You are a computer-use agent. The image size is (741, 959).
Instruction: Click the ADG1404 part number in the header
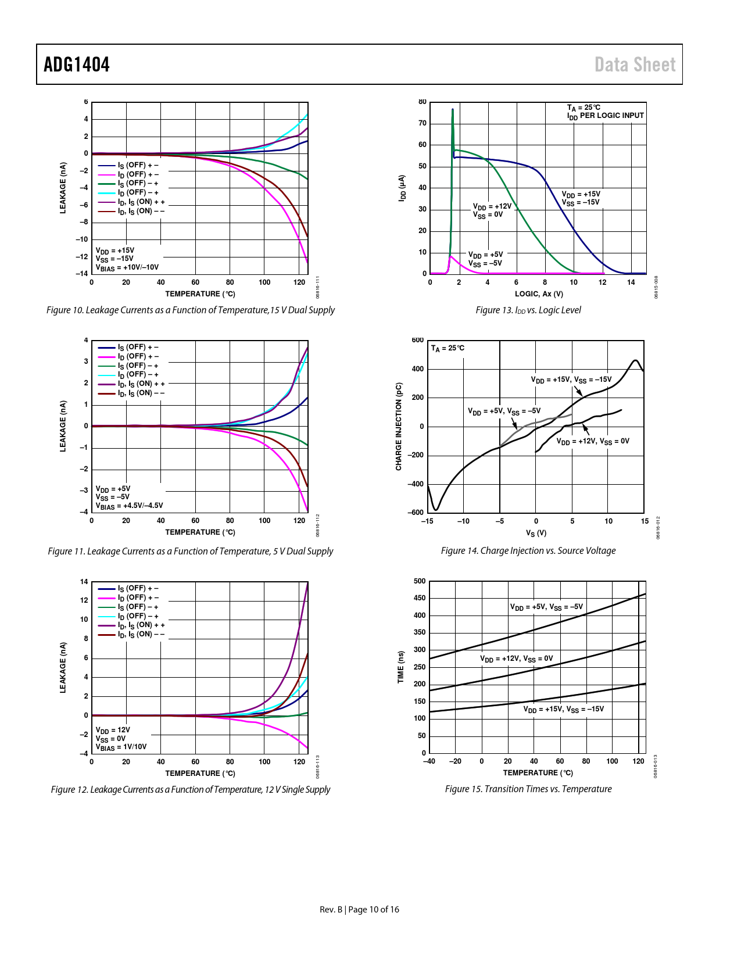77,65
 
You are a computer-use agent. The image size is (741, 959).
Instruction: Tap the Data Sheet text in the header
635,65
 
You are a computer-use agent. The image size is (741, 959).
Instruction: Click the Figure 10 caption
191,310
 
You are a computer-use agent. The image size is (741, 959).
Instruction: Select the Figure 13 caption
528,310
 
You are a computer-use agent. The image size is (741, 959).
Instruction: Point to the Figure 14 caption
528,551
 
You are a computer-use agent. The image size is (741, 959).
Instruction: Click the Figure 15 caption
528,789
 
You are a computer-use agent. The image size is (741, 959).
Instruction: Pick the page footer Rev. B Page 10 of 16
359,910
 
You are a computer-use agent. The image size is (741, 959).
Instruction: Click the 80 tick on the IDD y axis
423,102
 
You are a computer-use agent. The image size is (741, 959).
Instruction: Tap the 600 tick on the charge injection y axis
418,340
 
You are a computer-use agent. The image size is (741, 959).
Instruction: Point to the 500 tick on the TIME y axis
420,581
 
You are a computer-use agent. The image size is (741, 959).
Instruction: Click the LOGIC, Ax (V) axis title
539,294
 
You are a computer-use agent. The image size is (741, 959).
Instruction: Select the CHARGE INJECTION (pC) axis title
399,427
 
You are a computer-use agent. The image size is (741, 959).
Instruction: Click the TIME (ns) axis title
401,667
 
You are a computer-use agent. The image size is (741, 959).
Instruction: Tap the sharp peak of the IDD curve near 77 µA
452,109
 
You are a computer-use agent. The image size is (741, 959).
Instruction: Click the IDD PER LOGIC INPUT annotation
606,116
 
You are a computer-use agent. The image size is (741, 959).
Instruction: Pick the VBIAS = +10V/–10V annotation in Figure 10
127,268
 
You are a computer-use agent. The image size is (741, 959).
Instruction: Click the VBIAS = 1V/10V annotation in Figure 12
121,747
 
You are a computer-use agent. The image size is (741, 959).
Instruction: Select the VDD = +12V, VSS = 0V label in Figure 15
516,659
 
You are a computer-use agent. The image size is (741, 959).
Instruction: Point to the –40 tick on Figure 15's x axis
429,761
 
